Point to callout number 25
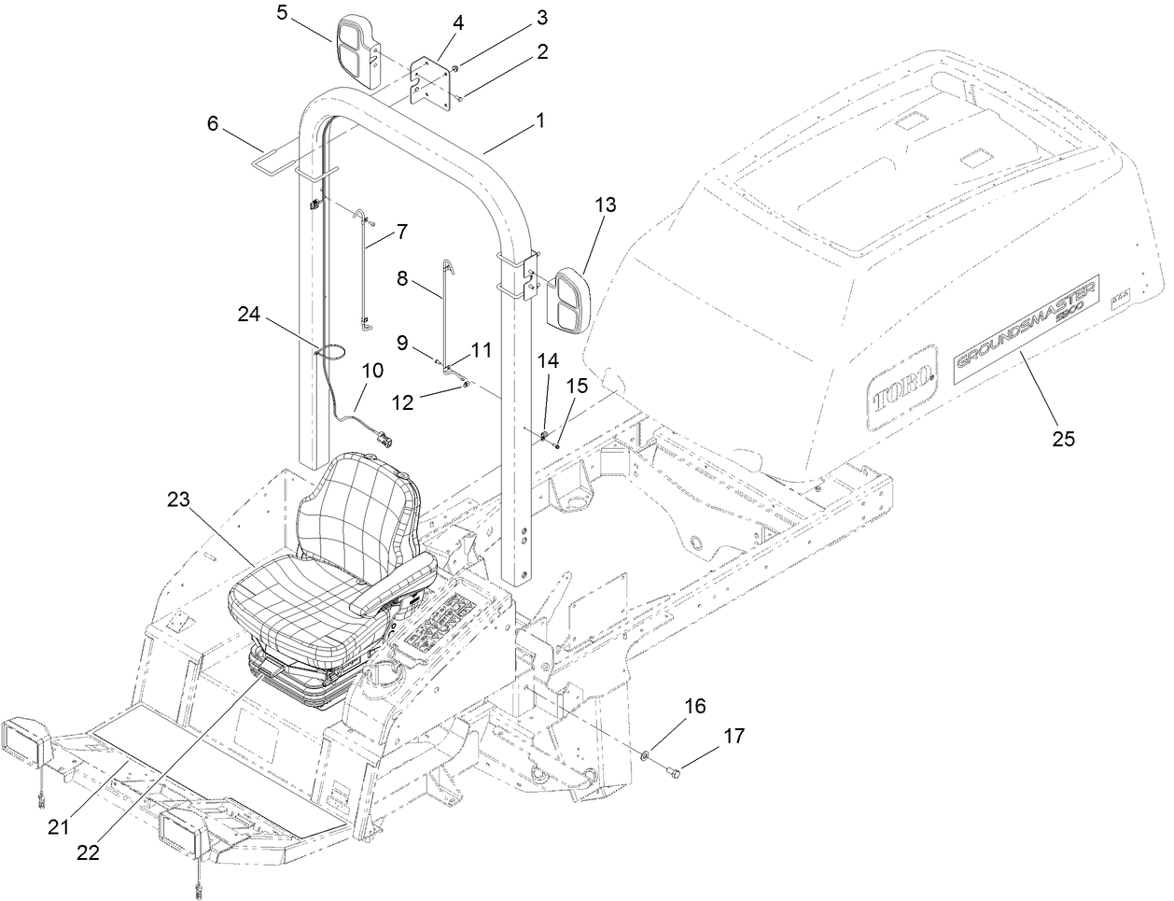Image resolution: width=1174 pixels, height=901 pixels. coord(1063,436)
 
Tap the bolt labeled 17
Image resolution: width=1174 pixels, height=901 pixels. coord(674,770)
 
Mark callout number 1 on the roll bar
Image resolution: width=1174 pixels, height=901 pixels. coord(538,120)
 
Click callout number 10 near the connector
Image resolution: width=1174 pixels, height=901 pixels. coord(371,370)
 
